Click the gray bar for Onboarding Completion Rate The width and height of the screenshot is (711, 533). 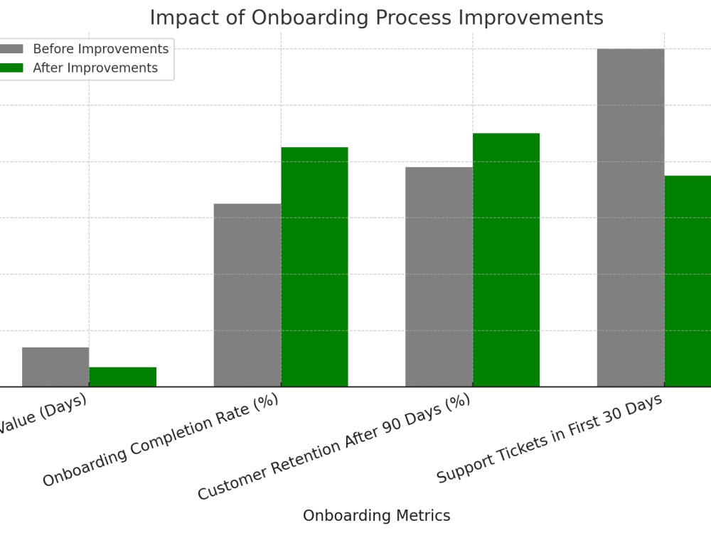pos(247,295)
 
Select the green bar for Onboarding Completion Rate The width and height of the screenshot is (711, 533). pos(314,266)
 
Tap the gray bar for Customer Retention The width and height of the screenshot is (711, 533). pos(439,276)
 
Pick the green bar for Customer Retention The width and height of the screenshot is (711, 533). pos(506,259)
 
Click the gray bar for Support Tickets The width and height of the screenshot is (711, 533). pos(631,217)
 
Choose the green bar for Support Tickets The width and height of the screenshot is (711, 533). pos(688,281)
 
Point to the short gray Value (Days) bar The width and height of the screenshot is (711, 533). pos(55,367)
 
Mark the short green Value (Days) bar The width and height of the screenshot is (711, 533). pos(122,377)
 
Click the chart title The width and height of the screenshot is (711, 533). pos(376,18)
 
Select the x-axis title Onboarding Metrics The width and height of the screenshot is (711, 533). pos(376,516)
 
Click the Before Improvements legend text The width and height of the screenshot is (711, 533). pos(100,49)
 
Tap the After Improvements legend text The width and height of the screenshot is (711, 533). pos(95,68)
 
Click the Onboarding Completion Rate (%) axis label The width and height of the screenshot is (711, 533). pos(160,440)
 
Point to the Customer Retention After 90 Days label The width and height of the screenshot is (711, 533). pos(334,447)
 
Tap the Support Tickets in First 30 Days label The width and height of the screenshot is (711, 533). pos(549,438)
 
